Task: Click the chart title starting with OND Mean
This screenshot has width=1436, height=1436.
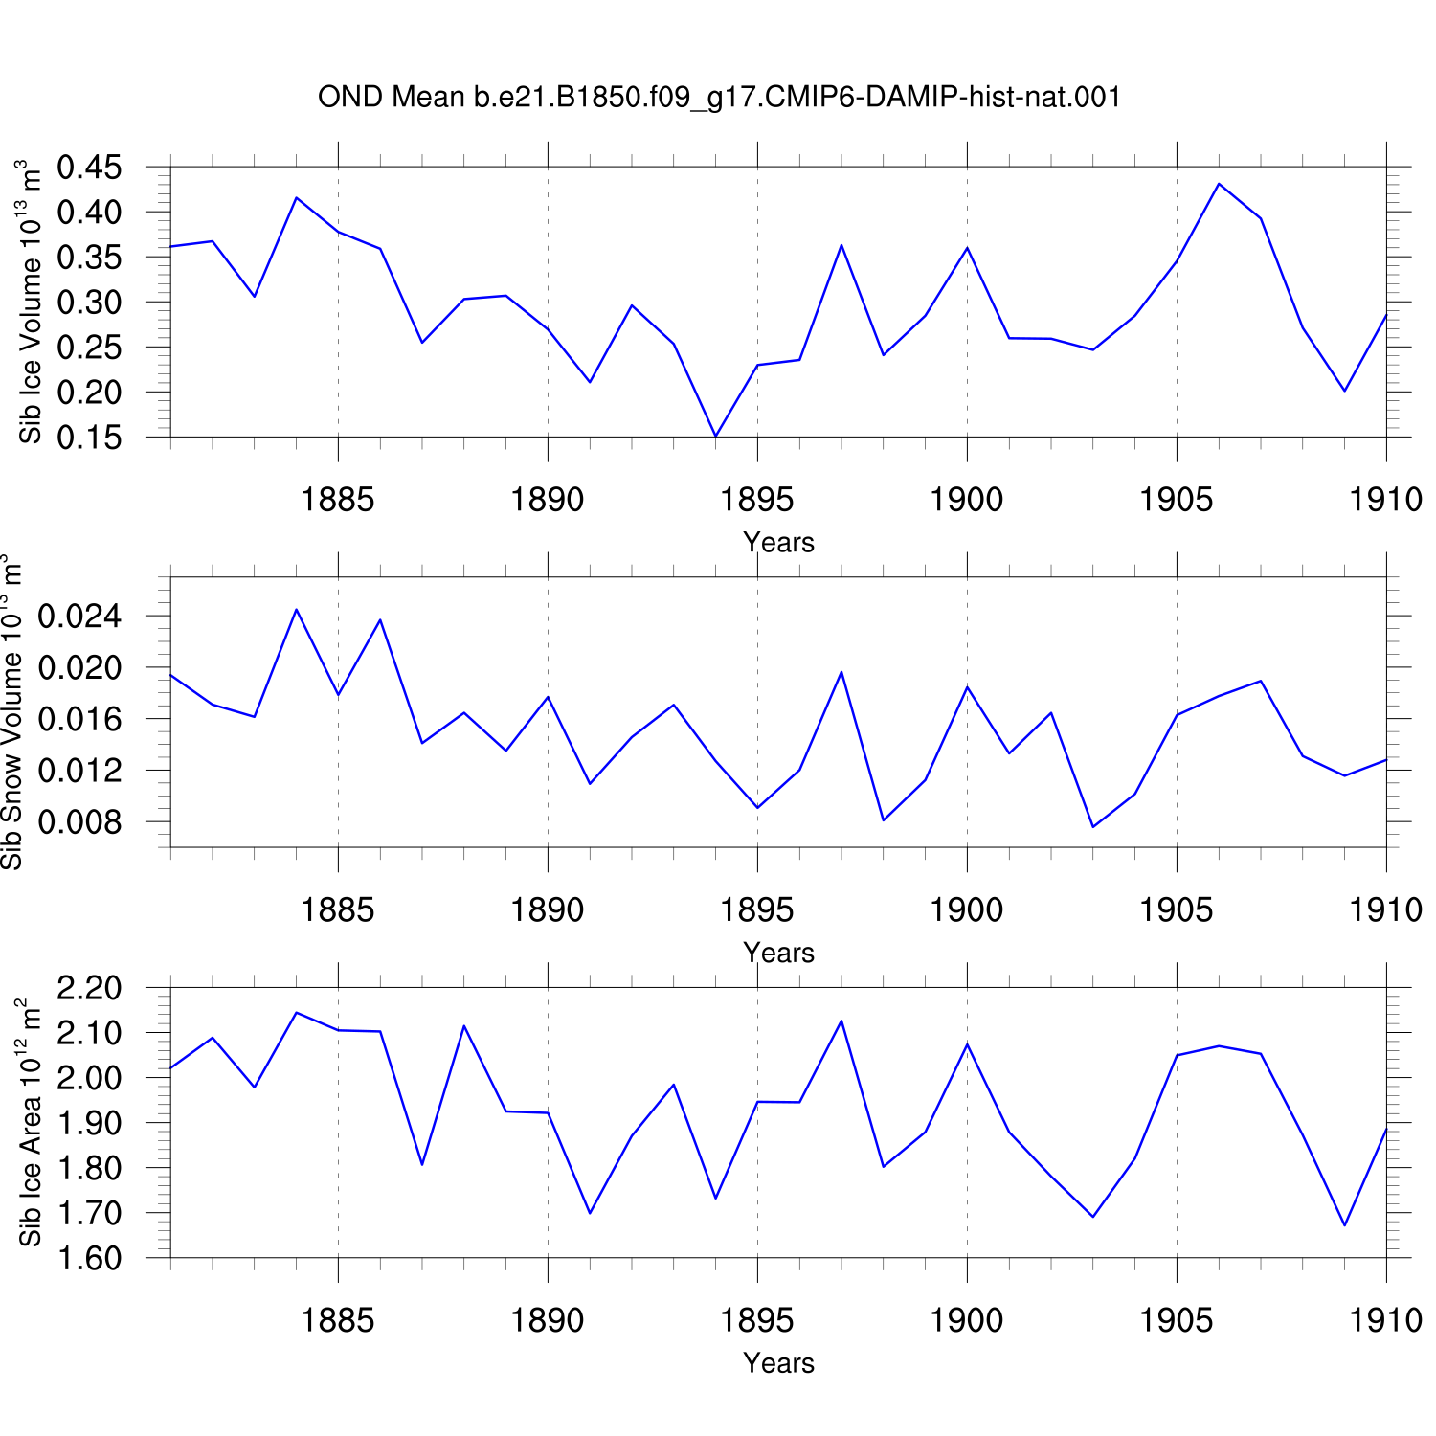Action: point(719,98)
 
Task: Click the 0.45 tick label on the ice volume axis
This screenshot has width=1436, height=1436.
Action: point(90,168)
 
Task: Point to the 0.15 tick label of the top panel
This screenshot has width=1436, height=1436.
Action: point(90,438)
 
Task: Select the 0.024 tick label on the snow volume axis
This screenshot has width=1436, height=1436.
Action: point(80,617)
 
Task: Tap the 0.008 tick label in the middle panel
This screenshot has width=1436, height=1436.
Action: point(80,822)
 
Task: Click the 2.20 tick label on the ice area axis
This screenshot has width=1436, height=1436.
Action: point(90,988)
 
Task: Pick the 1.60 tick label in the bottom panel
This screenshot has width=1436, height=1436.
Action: point(90,1258)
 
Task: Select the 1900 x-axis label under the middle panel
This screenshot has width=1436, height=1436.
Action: point(967,909)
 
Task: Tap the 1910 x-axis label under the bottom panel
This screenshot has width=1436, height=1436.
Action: point(1386,1320)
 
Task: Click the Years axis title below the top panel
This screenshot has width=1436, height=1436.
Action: point(778,542)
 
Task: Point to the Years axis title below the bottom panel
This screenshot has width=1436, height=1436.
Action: point(778,1362)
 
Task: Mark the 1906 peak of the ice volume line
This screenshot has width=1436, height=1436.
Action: point(1219,184)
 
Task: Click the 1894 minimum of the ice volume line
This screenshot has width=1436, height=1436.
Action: point(715,437)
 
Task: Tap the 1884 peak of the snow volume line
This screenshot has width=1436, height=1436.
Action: point(297,610)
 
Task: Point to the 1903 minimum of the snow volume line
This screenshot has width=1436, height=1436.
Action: point(1093,827)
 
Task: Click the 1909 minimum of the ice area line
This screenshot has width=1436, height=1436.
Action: point(1345,1225)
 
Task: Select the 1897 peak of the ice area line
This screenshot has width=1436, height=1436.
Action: point(841,1021)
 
